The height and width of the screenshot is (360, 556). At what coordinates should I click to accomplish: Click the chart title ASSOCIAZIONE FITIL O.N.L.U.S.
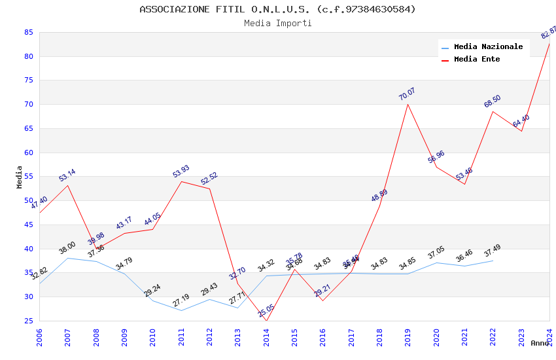[x=277, y=9]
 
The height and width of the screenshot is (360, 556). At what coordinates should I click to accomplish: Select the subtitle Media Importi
[x=277, y=23]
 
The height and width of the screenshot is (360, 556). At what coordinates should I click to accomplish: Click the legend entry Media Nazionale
[x=488, y=46]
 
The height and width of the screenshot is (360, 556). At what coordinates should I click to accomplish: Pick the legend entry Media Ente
[x=476, y=59]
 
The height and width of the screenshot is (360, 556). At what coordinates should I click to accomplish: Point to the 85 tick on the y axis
[x=28, y=32]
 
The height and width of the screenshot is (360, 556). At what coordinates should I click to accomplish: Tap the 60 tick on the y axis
[x=28, y=153]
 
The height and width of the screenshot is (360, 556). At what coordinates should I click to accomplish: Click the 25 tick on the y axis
[x=28, y=321]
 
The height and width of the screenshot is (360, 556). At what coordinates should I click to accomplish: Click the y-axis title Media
[x=20, y=177]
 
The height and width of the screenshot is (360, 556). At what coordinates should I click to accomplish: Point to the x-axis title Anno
[x=540, y=343]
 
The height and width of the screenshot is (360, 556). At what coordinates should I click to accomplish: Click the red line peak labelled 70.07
[x=408, y=104]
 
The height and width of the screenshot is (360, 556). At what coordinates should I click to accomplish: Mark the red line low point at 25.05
[x=266, y=320]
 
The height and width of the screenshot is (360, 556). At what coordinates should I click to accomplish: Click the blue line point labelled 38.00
[x=68, y=258]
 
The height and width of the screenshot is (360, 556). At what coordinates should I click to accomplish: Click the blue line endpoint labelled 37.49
[x=493, y=261]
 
